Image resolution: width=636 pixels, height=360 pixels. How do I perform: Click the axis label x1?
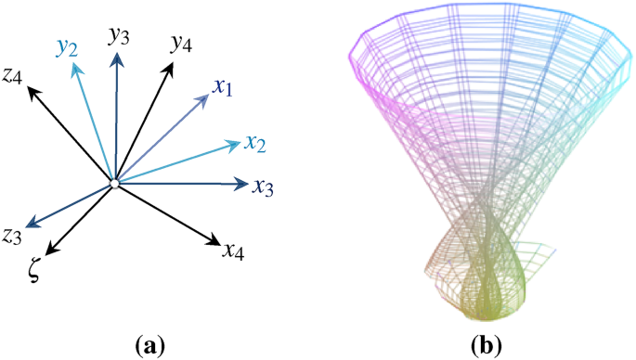223,88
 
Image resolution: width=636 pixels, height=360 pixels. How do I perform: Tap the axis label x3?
263,186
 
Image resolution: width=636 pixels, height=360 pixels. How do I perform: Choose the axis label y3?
117,36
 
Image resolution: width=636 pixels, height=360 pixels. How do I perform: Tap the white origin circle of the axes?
113,185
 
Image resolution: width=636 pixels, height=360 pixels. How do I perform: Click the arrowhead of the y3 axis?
117,58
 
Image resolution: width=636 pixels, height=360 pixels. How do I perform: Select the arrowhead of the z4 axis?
32,90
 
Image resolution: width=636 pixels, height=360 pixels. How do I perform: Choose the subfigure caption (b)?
486,346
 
